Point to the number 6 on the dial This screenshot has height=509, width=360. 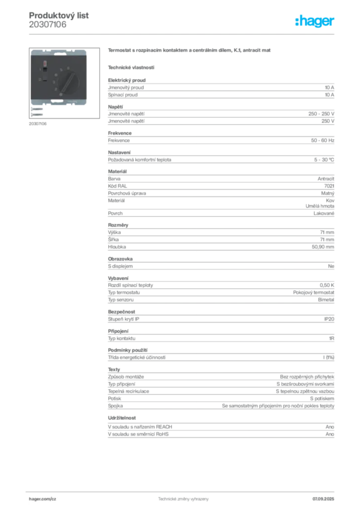click(68, 68)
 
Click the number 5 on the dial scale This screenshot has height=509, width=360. click(62, 70)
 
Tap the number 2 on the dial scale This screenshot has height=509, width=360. click(55, 88)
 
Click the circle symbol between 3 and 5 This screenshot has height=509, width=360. click(56, 75)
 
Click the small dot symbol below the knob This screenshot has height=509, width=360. click(60, 95)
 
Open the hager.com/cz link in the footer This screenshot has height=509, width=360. click(43, 499)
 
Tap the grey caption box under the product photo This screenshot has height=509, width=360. click(38, 123)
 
